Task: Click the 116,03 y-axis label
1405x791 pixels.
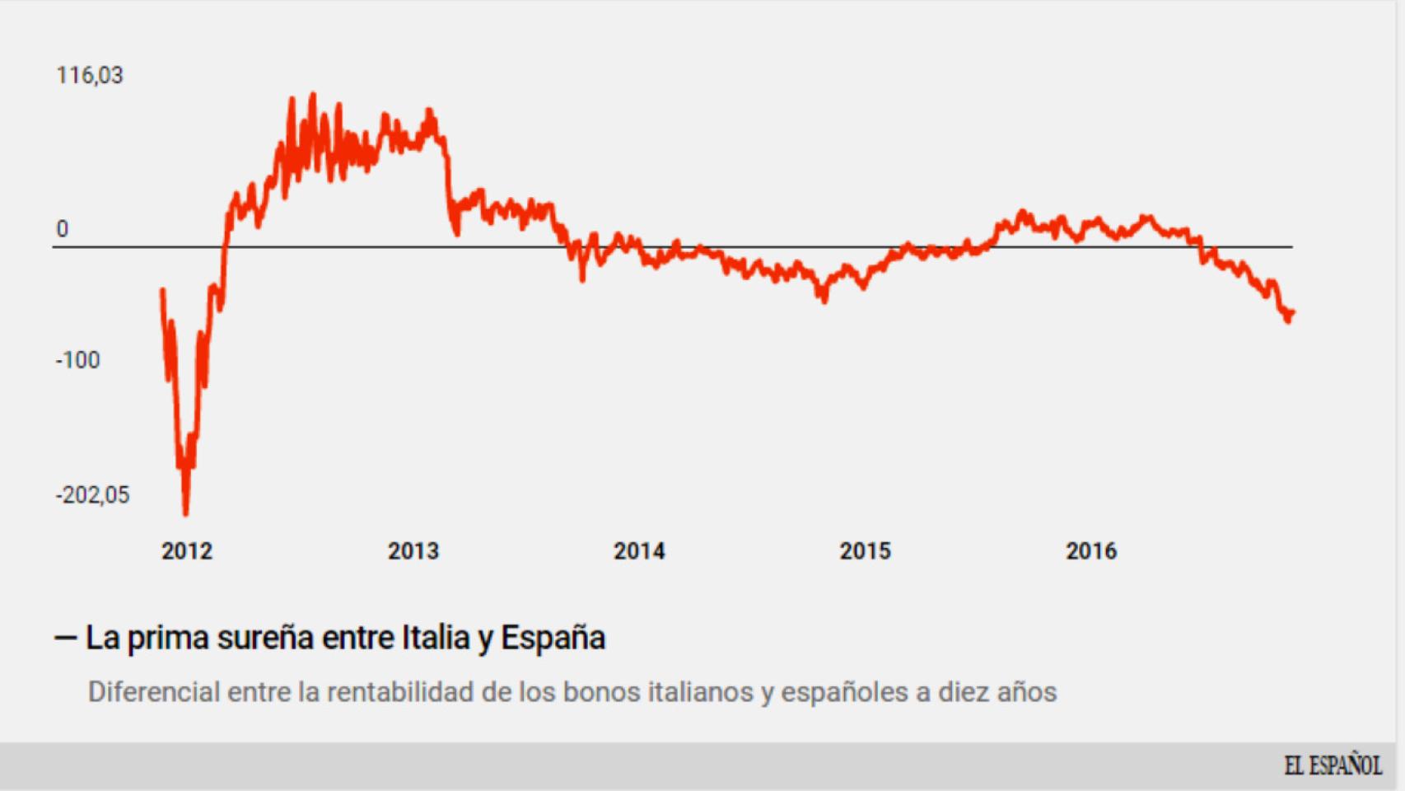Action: (89, 76)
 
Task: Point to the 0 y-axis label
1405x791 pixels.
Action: (62, 229)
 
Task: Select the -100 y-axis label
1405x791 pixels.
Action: (77, 360)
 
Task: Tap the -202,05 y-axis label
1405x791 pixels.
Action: (92, 495)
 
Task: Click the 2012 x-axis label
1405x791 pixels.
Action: (187, 551)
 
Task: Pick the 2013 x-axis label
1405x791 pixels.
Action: (413, 551)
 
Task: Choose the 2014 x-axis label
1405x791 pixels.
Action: (639, 551)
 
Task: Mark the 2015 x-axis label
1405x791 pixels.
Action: (865, 551)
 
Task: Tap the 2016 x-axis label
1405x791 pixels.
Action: (1091, 551)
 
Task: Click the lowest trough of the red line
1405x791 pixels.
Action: (185, 513)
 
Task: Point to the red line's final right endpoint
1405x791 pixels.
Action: (1293, 311)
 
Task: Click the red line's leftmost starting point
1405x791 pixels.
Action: (162, 290)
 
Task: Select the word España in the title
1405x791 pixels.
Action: (553, 638)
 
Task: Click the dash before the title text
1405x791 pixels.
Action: (65, 638)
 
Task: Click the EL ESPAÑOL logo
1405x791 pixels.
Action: (1333, 766)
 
